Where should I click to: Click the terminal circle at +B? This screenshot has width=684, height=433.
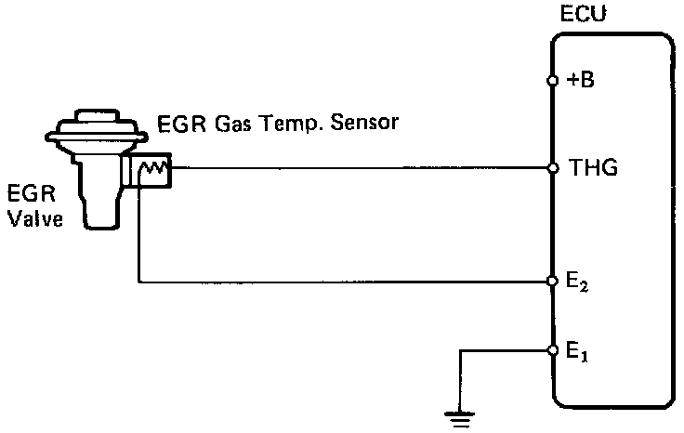553,81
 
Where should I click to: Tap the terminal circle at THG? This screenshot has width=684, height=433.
553,169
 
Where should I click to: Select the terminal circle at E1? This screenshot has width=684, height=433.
553,350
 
